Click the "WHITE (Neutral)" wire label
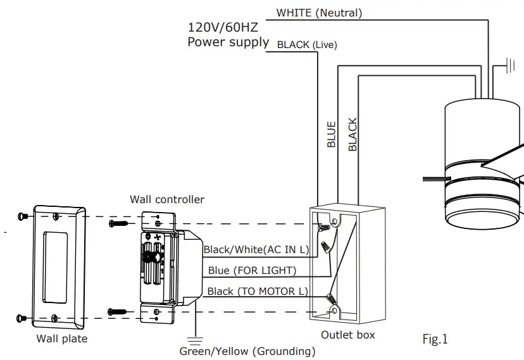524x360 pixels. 319,13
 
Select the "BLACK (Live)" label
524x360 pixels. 307,45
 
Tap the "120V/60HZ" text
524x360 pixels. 222,28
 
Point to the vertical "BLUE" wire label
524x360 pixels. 331,134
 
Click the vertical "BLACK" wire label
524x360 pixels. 352,134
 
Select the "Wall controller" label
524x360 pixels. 167,199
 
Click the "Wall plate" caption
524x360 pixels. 61,338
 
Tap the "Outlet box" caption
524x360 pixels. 347,335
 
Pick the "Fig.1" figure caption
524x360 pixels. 435,340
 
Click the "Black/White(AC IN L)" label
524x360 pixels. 256,250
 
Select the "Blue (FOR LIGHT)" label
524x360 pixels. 252,271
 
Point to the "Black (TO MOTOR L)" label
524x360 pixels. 258,291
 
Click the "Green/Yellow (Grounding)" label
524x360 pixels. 247,351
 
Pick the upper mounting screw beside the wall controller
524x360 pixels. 118,223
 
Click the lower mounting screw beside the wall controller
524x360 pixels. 118,311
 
